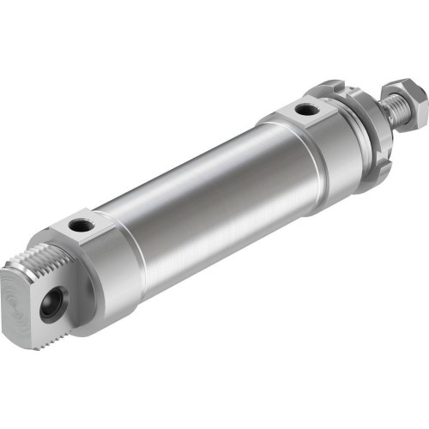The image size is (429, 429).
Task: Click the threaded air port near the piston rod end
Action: coord(302,109)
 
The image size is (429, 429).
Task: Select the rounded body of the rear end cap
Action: coord(112,275)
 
